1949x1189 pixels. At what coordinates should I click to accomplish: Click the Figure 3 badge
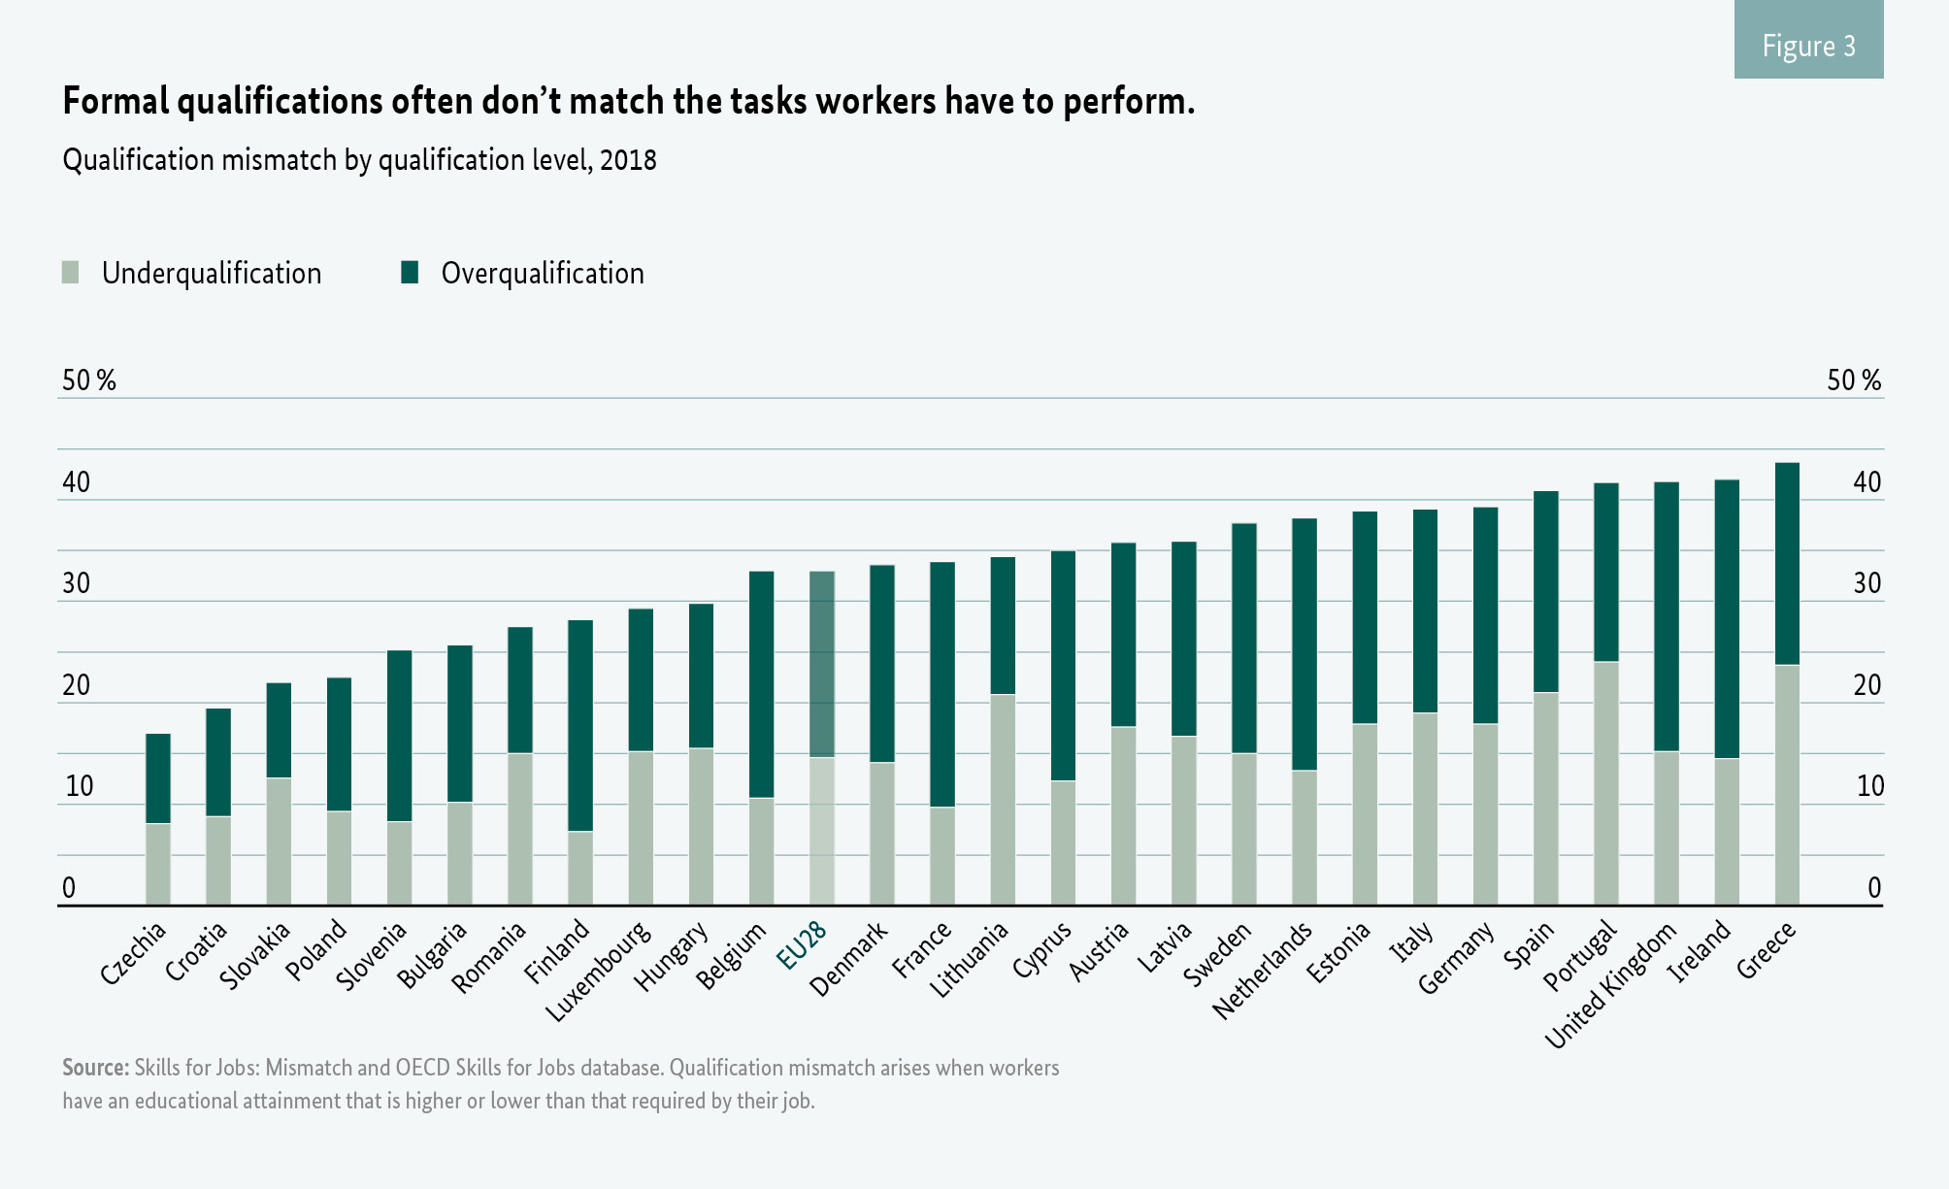1808,41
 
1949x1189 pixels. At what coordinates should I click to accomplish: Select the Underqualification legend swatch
70,273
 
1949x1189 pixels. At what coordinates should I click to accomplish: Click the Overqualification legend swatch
410,273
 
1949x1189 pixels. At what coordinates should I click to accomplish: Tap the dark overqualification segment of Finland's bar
580,725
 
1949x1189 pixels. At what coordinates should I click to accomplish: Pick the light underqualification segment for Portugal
1605,783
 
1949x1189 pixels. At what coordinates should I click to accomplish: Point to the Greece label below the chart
1767,950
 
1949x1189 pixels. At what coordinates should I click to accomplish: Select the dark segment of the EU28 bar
822,664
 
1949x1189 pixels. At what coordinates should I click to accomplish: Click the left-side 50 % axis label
88,380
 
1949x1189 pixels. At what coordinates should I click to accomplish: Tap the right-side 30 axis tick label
1867,583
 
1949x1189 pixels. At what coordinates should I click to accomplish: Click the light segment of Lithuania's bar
1003,800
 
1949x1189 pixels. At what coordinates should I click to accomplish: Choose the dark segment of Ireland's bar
1727,619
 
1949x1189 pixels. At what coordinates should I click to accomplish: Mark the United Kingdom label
1611,985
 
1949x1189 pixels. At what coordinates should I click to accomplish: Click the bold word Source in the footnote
95,1068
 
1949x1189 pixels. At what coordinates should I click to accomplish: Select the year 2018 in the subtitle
628,160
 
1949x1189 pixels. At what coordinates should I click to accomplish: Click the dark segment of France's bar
942,684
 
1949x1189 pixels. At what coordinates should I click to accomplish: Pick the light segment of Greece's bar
1787,784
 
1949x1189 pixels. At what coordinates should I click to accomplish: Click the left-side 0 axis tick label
69,887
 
